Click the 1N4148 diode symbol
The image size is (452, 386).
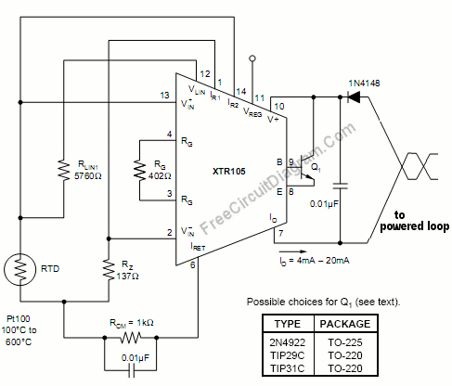354,96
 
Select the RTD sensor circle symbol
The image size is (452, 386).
20,269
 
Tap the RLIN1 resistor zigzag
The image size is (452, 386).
64,170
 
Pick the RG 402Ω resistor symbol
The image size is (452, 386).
139,171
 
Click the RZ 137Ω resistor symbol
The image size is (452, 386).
109,270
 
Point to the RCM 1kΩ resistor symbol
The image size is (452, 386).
131,337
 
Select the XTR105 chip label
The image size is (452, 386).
229,172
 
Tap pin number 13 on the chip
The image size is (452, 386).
164,96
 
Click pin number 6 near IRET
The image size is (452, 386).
192,264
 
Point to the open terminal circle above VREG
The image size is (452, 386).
252,58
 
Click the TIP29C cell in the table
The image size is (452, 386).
288,355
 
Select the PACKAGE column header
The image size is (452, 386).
345,324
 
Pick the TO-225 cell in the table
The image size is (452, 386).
345,342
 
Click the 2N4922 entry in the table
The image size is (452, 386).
288,342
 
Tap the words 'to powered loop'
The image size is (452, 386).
415,221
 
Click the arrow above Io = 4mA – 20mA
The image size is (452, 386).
292,251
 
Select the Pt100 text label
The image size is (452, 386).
19,319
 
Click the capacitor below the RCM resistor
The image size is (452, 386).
131,370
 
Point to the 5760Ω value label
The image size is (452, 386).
88,176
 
